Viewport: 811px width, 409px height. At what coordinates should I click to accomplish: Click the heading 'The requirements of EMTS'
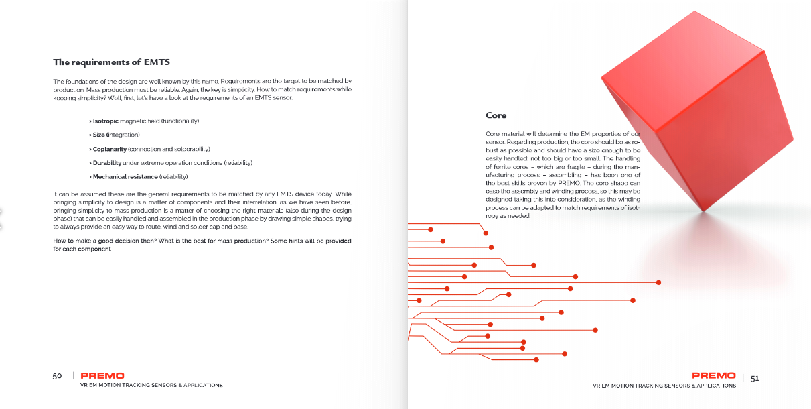(x=111, y=62)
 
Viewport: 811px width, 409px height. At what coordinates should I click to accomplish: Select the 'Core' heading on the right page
(x=496, y=115)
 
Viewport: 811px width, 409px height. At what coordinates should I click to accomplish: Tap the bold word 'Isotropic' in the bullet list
(x=105, y=121)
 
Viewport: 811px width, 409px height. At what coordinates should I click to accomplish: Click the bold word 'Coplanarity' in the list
(x=109, y=149)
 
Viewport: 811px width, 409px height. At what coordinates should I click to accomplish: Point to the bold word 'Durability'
(x=107, y=163)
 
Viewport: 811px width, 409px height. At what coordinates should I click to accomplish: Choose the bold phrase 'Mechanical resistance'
(x=125, y=177)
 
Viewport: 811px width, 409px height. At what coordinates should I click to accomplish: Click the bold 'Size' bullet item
(x=100, y=135)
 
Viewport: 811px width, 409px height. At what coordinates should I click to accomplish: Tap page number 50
(x=57, y=376)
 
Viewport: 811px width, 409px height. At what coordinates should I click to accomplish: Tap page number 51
(x=755, y=378)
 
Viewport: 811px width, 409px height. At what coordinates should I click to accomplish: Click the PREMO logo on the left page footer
(x=102, y=376)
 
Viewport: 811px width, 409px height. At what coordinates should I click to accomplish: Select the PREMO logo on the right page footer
(x=713, y=376)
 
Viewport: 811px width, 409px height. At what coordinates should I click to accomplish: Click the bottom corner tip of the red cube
(x=703, y=211)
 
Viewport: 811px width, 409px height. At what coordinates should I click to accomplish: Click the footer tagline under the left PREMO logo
(x=151, y=386)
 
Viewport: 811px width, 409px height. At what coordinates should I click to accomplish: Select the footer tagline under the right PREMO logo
(x=664, y=386)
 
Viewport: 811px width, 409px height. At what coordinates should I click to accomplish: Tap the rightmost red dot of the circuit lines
(x=659, y=282)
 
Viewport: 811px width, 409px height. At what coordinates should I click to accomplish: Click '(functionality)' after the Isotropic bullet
(x=177, y=121)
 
